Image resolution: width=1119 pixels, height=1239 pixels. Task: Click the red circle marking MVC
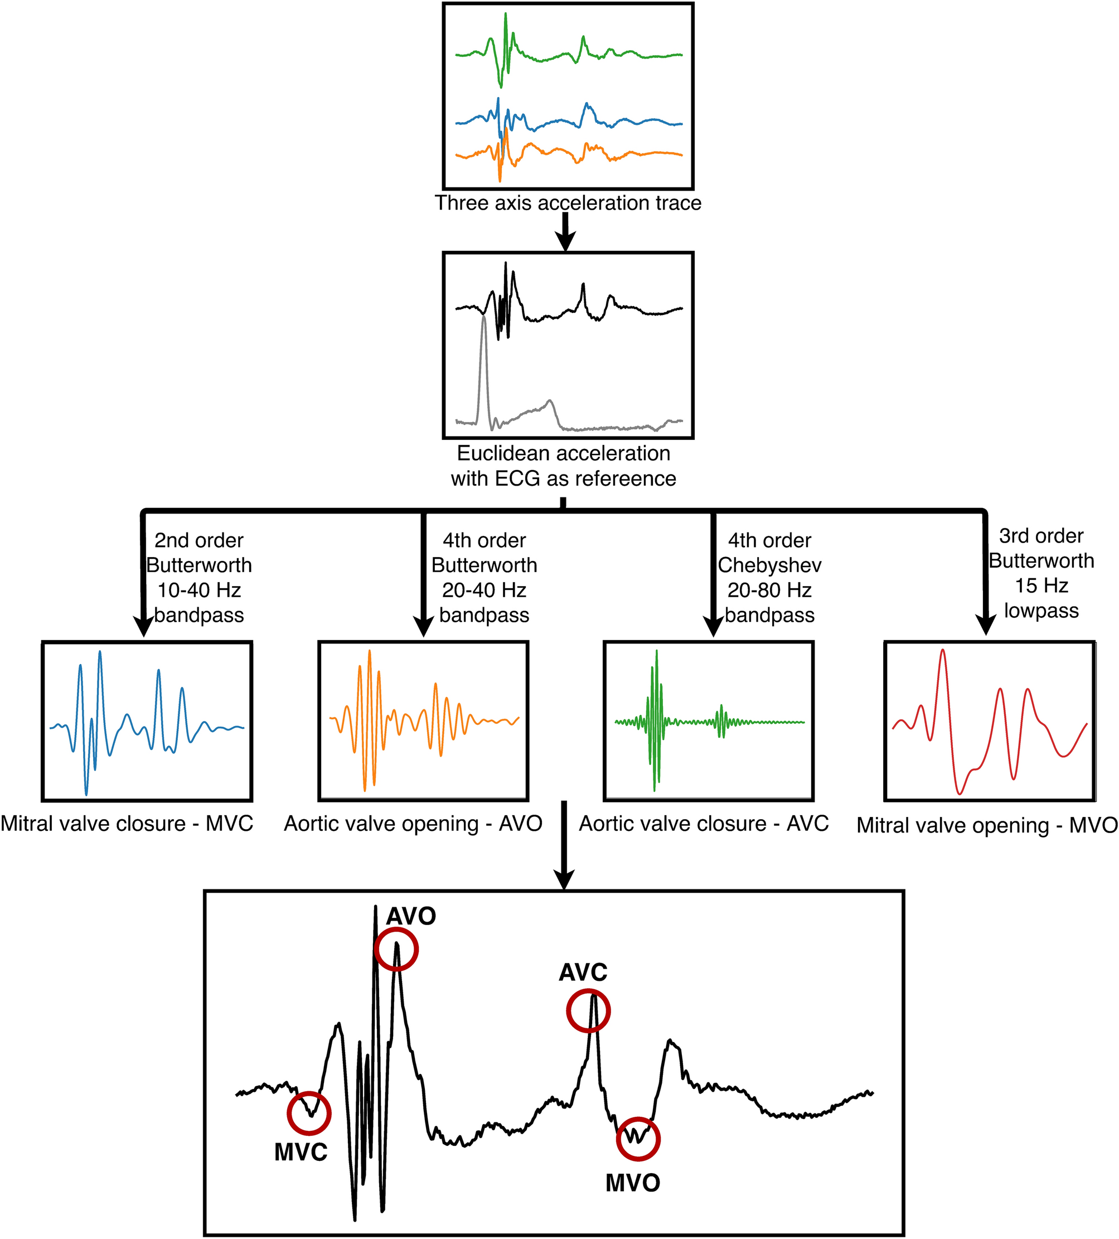309,1113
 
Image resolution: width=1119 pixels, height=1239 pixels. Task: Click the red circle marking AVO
396,949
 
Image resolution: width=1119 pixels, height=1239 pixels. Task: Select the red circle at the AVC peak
588,1010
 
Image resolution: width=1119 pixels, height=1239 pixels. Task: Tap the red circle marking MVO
638,1138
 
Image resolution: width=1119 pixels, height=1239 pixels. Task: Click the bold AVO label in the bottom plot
410,916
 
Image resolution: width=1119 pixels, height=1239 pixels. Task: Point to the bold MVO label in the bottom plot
632,1183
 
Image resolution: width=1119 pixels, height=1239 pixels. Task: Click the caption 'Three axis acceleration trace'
568,203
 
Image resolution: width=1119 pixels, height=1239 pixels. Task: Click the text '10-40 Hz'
199,590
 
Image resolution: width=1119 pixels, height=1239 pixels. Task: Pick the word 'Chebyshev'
769,565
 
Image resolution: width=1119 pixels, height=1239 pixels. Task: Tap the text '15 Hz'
1041,585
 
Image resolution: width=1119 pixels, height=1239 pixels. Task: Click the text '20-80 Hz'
769,590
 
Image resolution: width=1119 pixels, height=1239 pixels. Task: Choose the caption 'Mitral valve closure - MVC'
127,824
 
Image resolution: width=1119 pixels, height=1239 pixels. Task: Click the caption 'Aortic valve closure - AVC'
704,824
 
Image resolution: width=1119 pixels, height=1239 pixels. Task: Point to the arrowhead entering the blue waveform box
143,627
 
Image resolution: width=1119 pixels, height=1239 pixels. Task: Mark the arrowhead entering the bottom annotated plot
564,879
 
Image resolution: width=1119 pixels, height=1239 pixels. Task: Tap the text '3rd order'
1041,536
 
